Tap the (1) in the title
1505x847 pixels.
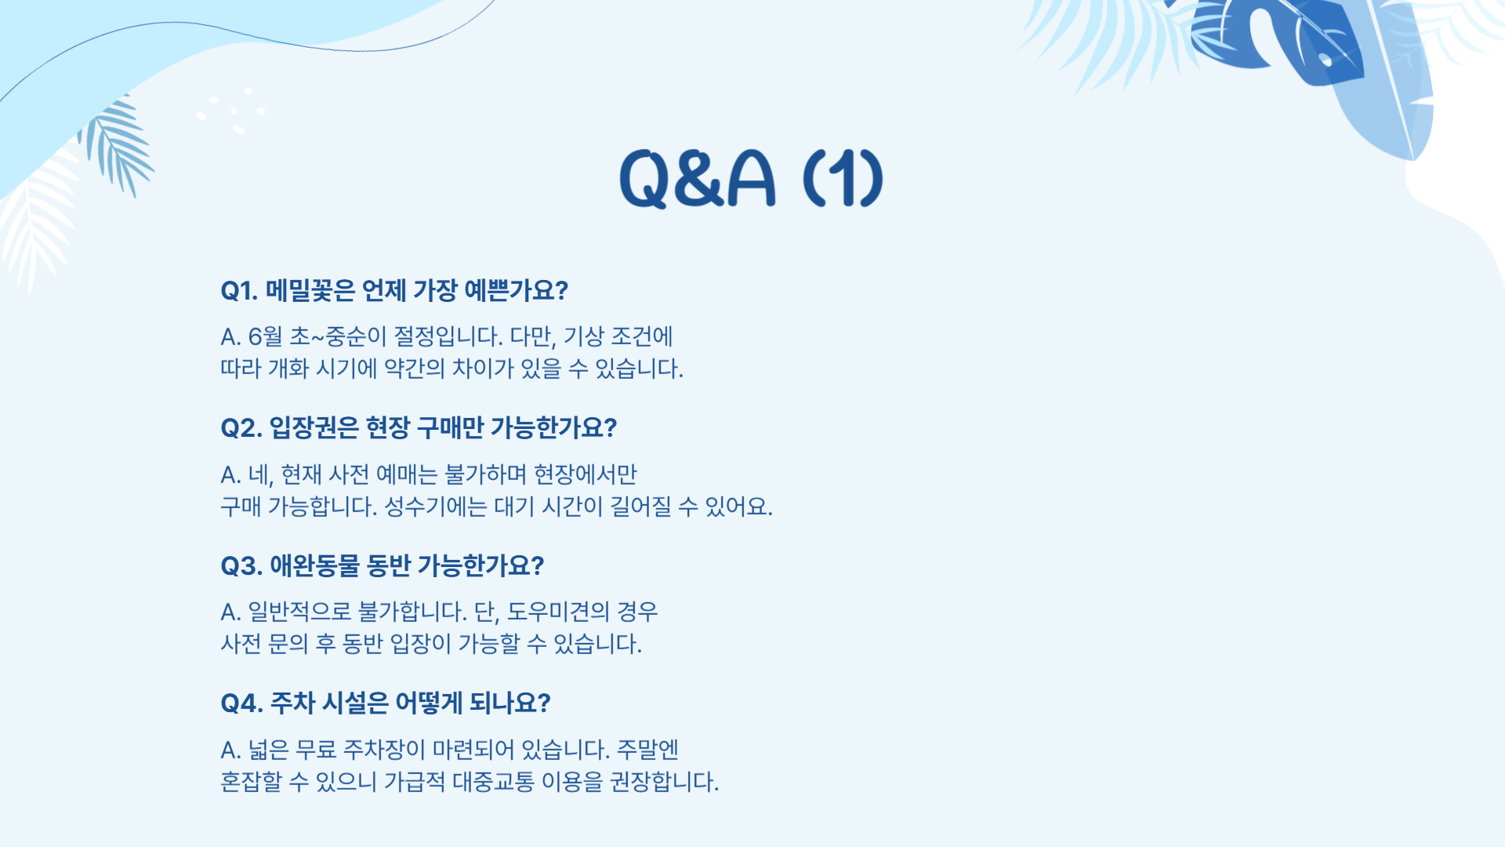(x=843, y=179)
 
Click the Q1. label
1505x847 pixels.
(x=239, y=291)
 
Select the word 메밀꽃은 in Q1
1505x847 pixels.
(x=310, y=291)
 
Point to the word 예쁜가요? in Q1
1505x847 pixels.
(x=516, y=291)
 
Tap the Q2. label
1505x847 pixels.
(x=241, y=428)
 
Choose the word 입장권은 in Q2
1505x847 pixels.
(x=314, y=428)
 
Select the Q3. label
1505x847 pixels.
(x=241, y=566)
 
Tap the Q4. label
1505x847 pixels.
(x=241, y=703)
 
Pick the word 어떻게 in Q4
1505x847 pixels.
(x=428, y=703)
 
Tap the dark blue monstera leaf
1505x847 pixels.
(x=1286, y=39)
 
